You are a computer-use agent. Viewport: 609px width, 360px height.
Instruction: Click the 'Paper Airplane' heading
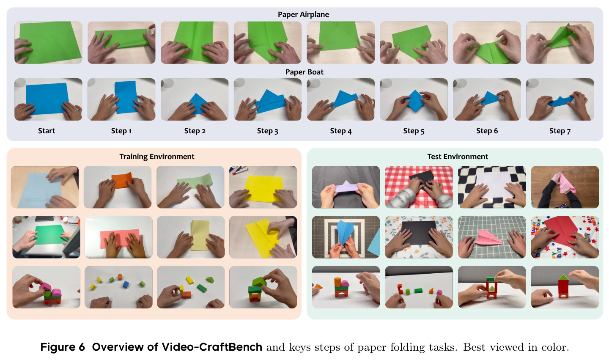click(303, 14)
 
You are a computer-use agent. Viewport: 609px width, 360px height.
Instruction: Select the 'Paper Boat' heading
click(304, 72)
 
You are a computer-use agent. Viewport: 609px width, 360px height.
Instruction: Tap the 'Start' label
click(47, 131)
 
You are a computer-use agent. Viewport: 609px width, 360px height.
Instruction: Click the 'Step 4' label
click(341, 131)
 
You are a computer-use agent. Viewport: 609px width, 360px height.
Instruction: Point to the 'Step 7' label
click(560, 131)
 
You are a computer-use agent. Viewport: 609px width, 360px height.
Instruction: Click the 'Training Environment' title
click(157, 157)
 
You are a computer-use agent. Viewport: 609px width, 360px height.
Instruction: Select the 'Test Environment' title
click(458, 157)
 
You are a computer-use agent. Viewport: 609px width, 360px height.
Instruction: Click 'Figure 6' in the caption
click(63, 347)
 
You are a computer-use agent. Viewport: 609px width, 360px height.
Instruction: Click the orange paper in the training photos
click(122, 180)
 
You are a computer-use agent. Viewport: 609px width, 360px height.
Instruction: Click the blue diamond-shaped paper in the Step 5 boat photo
click(414, 101)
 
